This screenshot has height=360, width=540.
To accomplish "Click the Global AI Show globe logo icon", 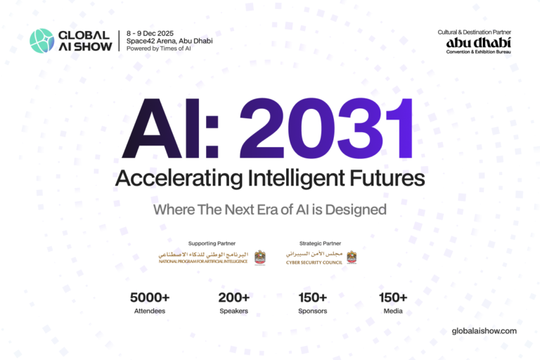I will coord(41,41).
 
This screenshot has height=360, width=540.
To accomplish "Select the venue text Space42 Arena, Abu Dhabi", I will coord(169,41).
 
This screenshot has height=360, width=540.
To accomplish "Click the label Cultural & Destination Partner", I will coord(473,32).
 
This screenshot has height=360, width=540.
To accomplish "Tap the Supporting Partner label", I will coord(212,243).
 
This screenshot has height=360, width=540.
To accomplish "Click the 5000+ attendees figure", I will coord(150,297).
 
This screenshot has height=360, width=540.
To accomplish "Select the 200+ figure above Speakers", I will coord(233,297).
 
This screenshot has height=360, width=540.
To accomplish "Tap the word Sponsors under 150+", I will coord(312,311).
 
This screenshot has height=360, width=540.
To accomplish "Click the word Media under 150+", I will coord(393,311).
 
